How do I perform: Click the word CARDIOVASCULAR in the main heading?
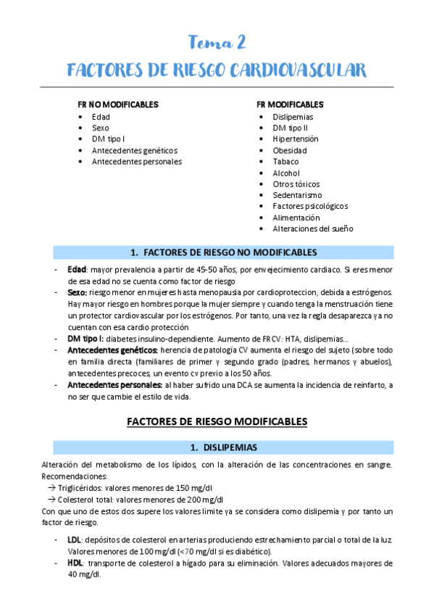(x=299, y=70)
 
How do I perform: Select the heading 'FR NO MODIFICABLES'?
(x=118, y=105)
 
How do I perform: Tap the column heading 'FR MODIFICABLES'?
(x=290, y=105)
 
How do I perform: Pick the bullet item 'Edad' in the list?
(x=101, y=117)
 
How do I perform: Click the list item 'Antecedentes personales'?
(x=136, y=162)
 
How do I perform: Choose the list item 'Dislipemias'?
(x=293, y=117)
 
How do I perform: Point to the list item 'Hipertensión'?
(x=295, y=139)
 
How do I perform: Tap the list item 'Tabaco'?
(x=285, y=162)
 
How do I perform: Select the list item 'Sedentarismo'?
(x=296, y=195)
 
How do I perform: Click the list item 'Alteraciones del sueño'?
(x=312, y=229)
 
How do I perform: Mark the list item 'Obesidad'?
(x=290, y=150)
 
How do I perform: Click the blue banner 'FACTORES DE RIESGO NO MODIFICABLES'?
(x=223, y=252)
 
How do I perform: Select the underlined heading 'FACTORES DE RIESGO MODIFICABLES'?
(x=217, y=421)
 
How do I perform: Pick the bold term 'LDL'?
(x=74, y=540)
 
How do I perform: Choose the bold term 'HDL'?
(x=75, y=563)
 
